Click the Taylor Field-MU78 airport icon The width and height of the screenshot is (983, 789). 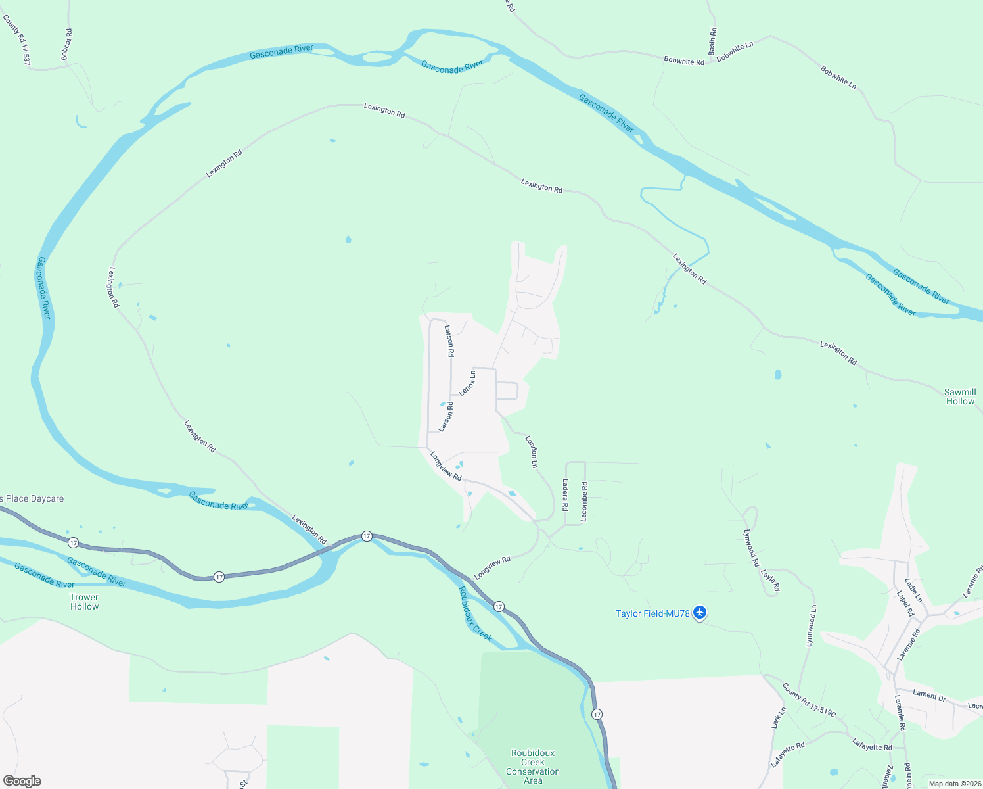tap(700, 613)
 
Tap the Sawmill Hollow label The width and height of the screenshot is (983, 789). tap(960, 396)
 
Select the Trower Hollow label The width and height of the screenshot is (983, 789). tap(84, 602)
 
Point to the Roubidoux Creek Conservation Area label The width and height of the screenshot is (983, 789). tap(533, 767)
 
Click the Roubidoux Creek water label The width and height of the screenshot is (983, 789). tap(475, 613)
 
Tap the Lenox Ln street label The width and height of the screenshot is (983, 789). tap(467, 383)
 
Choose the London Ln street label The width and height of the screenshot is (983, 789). tap(532, 452)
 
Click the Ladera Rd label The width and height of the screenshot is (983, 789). tap(564, 495)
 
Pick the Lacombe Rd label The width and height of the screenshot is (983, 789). tap(584, 502)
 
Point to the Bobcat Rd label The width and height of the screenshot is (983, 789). tap(66, 45)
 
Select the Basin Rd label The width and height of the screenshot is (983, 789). tap(712, 41)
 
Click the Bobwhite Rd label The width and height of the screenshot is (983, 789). tap(683, 61)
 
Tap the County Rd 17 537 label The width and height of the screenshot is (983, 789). tap(17, 39)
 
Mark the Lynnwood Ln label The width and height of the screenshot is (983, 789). tap(812, 625)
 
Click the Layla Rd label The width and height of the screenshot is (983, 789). tap(770, 580)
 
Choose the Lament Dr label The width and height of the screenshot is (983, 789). tap(928, 695)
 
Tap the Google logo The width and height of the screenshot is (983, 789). tap(22, 780)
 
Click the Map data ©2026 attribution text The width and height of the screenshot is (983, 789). tap(953, 783)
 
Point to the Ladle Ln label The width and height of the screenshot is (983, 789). tap(913, 590)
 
